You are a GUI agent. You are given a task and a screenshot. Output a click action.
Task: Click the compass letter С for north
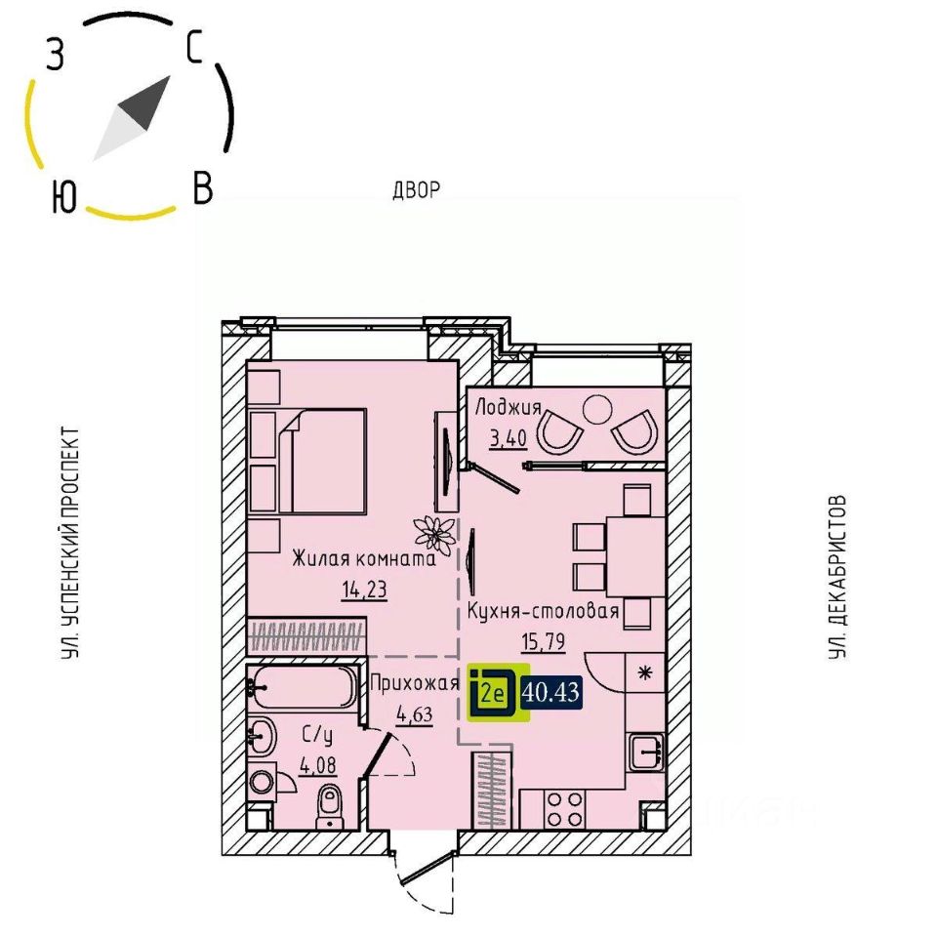pyautogui.click(x=194, y=46)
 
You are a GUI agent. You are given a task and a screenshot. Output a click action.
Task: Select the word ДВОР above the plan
pyautogui.click(x=418, y=189)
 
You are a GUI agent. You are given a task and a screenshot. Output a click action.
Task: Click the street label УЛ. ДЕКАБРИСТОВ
pyautogui.click(x=836, y=576)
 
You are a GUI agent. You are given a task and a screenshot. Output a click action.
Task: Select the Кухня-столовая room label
pyautogui.click(x=544, y=611)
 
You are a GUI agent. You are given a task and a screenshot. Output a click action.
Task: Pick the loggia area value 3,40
pyautogui.click(x=508, y=437)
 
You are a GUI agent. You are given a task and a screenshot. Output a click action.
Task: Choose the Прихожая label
pyautogui.click(x=414, y=684)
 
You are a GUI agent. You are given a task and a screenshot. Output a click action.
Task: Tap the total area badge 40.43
pyautogui.click(x=552, y=693)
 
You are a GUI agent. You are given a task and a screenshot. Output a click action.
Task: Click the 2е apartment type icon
pyautogui.click(x=493, y=694)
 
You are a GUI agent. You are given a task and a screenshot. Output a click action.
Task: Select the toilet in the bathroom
pyautogui.click(x=330, y=805)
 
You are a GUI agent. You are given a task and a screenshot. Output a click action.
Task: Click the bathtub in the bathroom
pyautogui.click(x=304, y=688)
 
